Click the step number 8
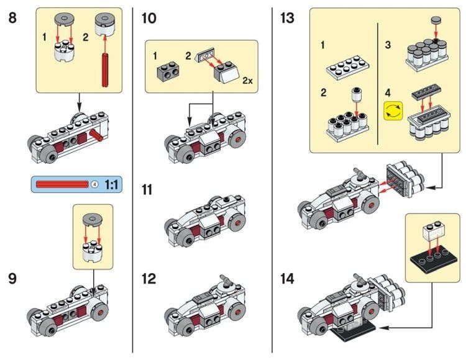(x=13, y=17)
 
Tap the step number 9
(x=13, y=279)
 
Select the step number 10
(x=148, y=17)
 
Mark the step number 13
(x=287, y=17)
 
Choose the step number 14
(x=287, y=279)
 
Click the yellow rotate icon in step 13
(x=393, y=112)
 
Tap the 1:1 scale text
(x=112, y=184)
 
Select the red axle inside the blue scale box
(x=62, y=184)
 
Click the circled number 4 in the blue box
(x=94, y=184)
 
